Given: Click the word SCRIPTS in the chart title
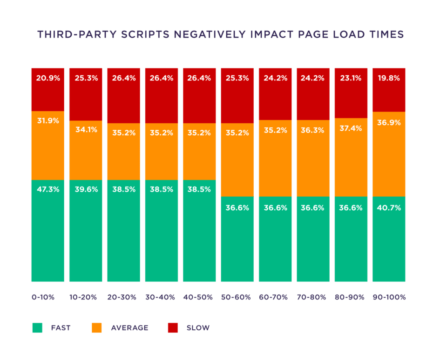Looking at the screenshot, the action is click(145, 34).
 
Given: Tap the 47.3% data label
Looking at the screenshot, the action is click(48, 189).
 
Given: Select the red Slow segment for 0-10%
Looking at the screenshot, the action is click(48, 90).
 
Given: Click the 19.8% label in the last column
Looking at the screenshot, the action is click(389, 78).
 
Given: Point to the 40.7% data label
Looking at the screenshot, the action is click(389, 208).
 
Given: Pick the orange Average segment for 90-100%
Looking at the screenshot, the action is click(389, 154).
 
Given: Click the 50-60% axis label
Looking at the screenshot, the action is click(236, 297).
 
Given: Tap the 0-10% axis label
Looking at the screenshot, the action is click(43, 297).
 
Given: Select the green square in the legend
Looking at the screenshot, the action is click(37, 328).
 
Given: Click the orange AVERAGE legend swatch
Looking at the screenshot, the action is click(97, 328).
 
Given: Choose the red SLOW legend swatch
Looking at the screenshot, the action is click(173, 328).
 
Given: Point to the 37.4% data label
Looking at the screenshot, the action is click(351, 128).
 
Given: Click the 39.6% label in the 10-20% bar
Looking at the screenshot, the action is click(86, 189).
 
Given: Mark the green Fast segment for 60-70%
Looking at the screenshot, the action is click(275, 239).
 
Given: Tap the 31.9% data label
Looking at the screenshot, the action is click(48, 121).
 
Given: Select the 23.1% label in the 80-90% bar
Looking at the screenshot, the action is click(351, 78).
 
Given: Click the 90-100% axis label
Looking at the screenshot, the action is click(389, 297).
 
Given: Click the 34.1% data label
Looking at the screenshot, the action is click(86, 130).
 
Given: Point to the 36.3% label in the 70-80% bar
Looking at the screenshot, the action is click(312, 130).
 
